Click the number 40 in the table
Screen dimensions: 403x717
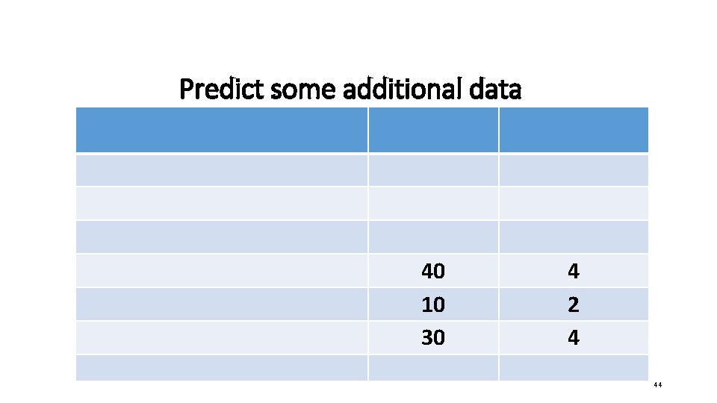(433, 271)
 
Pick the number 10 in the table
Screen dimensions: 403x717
(433, 304)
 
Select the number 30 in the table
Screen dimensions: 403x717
(433, 338)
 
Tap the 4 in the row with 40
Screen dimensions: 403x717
(573, 271)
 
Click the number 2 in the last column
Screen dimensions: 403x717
(573, 304)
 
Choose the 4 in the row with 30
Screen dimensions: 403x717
(573, 338)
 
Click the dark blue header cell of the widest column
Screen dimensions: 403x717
(221, 130)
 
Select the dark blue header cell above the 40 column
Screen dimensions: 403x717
(433, 130)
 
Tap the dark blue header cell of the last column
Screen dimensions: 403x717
(573, 130)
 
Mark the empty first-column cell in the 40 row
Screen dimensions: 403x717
(221, 271)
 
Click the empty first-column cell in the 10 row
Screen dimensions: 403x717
(221, 304)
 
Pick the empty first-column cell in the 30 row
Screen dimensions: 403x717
(221, 338)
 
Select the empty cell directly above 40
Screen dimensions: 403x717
(433, 237)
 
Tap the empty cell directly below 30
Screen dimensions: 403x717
(433, 367)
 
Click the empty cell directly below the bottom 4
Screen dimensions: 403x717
(573, 367)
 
